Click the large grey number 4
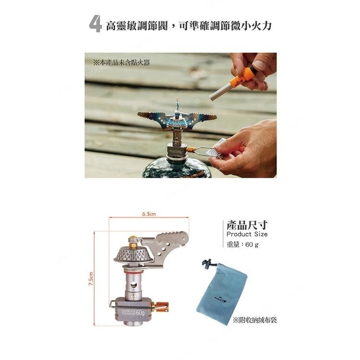coord(96,24)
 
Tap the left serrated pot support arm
coord(152,116)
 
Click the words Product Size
coord(246,234)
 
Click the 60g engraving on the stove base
coord(140,312)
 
